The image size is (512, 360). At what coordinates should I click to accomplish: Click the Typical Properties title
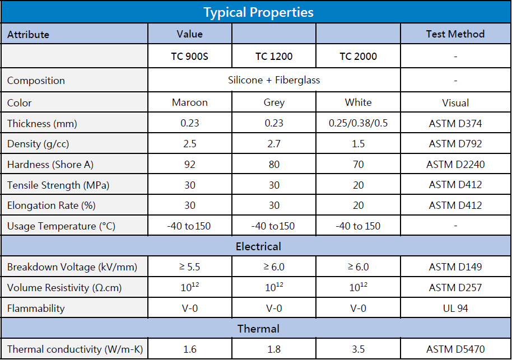coord(258,12)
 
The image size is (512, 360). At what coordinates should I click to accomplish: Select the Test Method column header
coord(455,34)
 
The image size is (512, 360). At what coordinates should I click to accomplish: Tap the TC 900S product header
coord(190,57)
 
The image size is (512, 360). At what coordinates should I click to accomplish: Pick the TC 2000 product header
coord(358,57)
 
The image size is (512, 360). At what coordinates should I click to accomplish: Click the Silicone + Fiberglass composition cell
coord(274,80)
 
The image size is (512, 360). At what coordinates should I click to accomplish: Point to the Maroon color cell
coord(190,102)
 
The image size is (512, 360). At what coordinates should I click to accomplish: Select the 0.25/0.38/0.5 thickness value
coord(358,123)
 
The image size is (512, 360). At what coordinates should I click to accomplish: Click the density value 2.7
coord(274,144)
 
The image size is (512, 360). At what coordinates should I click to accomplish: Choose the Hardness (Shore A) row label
coord(50,165)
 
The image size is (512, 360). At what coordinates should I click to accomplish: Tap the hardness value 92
coord(190,165)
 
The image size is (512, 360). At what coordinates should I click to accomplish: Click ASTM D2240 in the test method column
coord(455,165)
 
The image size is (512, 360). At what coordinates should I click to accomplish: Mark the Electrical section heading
coord(258,246)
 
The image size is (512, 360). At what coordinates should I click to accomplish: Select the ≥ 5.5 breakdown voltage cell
coord(190,267)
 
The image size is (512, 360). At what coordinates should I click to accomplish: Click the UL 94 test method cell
coord(455,308)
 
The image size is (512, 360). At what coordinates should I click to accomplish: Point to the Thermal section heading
coord(258,329)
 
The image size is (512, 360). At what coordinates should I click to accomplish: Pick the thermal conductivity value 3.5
coord(358,349)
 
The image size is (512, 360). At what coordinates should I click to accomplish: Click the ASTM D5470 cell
coord(455,349)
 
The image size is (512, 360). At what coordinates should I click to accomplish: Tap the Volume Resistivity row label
coord(64,288)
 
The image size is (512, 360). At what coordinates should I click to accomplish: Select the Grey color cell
coord(274,102)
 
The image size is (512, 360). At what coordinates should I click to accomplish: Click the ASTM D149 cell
coord(455,267)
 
